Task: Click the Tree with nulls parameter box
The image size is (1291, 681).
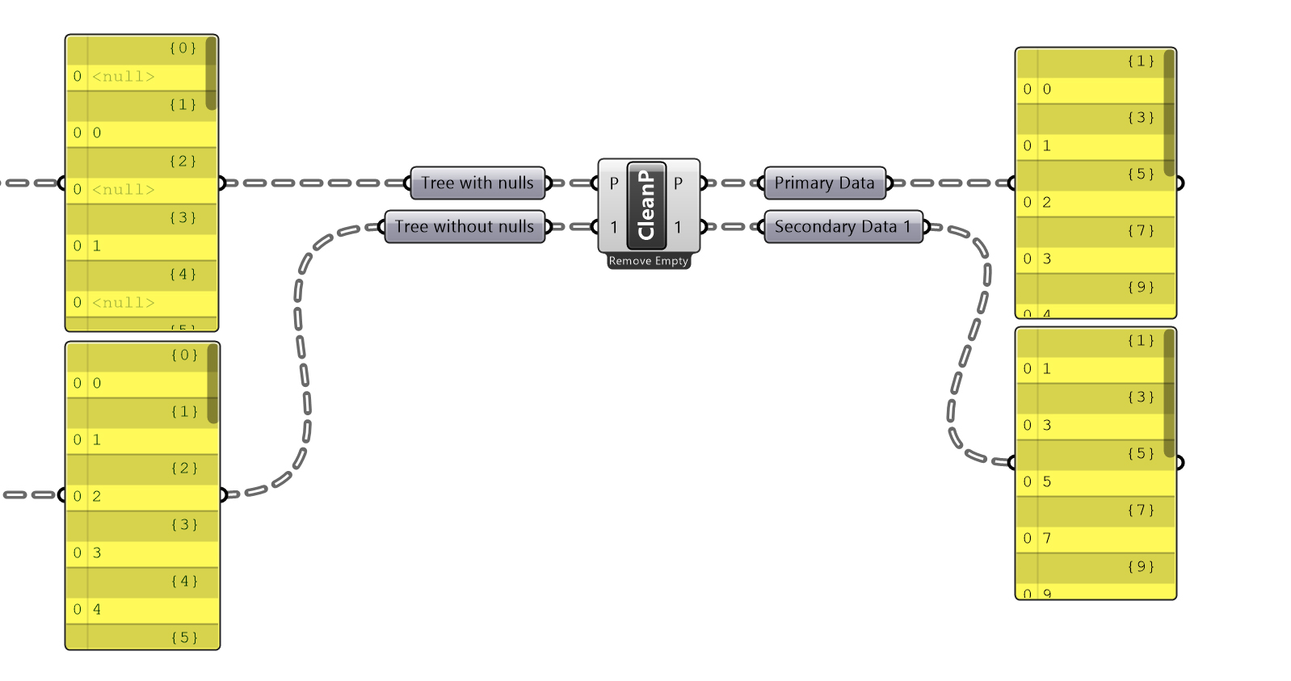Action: point(477,183)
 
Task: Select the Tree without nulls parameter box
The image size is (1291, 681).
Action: point(465,227)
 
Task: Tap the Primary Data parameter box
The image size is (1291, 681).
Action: point(824,183)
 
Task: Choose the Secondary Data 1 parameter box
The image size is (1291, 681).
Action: point(843,227)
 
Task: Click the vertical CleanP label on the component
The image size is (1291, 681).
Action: point(646,205)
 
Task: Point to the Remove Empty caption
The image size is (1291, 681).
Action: point(649,261)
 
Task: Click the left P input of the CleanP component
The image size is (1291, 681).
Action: point(614,183)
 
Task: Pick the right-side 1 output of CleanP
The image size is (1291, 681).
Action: point(678,227)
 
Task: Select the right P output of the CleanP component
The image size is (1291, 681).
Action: point(678,183)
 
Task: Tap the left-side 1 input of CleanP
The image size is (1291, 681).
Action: point(614,227)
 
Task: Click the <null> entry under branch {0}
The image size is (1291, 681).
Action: point(123,77)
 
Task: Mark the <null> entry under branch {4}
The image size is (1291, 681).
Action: point(123,303)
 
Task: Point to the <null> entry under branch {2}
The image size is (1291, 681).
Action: point(123,190)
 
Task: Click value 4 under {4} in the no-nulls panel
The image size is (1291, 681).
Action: point(97,610)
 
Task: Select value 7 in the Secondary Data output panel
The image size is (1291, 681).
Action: point(1047,539)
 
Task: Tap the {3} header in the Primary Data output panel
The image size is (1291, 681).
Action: point(1141,118)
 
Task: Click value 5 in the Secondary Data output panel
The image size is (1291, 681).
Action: point(1047,482)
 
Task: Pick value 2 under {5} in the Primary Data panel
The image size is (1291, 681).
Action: point(1047,203)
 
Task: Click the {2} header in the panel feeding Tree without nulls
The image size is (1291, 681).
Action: point(184,469)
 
